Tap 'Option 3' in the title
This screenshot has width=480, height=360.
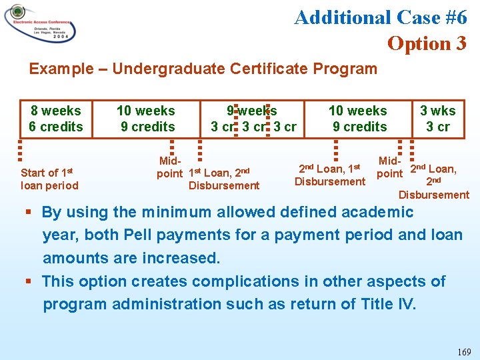tap(427, 43)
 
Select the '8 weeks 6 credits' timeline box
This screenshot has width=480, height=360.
tap(55, 119)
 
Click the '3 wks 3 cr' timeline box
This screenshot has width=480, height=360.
tap(438, 119)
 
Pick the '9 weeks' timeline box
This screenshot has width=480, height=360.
tap(253, 119)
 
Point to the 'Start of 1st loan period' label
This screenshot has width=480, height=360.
tap(49, 179)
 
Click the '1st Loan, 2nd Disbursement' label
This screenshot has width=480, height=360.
tap(224, 179)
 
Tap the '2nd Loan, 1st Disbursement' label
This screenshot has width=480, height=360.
tap(330, 175)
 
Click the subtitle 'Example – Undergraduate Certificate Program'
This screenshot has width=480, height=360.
tap(203, 69)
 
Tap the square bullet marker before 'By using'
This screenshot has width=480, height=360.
tap(30, 213)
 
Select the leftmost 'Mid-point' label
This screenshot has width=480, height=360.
tap(169, 167)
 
